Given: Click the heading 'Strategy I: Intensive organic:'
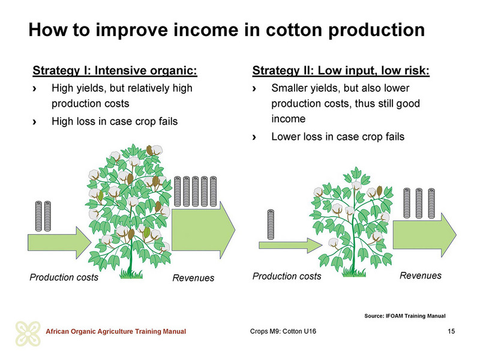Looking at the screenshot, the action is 115,71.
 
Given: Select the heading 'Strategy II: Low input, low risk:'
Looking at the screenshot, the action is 341,71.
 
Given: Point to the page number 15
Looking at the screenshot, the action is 451,331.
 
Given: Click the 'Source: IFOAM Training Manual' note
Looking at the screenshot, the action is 404,316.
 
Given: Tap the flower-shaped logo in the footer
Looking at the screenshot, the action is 28,334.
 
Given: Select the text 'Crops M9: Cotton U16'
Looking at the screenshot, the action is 283,331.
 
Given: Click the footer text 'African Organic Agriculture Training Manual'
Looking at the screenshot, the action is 116,332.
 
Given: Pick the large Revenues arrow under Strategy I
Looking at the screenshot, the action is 203,230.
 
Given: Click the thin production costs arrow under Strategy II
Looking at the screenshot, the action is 290,245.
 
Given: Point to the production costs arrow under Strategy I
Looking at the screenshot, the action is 59,243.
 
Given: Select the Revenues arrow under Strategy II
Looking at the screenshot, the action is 425,235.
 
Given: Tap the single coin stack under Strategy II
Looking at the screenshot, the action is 271,224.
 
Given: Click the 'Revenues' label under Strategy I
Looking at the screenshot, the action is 193,278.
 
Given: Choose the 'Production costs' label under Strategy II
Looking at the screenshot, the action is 287,277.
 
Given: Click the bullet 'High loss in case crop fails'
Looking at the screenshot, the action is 115,122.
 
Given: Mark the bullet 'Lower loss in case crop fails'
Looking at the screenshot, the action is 338,137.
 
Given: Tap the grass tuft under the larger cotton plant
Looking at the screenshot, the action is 131,274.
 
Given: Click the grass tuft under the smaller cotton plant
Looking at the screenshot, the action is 354,272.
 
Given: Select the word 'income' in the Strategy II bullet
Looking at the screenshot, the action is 289,119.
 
